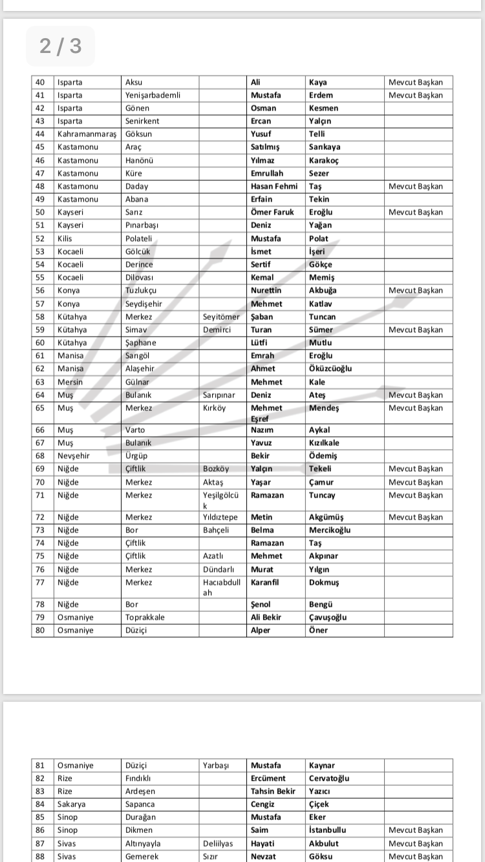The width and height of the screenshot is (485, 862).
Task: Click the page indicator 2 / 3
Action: [x=60, y=46]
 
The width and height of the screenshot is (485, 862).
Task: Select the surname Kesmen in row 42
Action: [x=323, y=108]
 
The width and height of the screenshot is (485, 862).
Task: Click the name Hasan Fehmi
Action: [x=274, y=186]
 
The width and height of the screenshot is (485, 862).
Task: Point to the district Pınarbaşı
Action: [x=142, y=225]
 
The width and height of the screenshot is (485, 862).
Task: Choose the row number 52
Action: [x=40, y=238]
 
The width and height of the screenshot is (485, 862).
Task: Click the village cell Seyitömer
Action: [x=221, y=317]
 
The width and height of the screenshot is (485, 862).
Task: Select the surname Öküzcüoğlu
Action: [x=330, y=368]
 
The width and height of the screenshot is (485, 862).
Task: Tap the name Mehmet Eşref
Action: [x=266, y=413]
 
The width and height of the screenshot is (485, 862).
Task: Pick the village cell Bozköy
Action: [x=216, y=468]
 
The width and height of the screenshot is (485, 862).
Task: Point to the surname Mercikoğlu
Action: [x=330, y=530]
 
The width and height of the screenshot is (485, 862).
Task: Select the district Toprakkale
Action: [x=145, y=617]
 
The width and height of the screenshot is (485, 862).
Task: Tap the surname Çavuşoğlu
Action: [x=328, y=617]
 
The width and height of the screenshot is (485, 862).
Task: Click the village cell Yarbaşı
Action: [x=216, y=765]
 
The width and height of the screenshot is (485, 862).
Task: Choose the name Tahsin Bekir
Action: [x=273, y=791]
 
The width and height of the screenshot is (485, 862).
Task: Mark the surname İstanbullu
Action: [x=327, y=830]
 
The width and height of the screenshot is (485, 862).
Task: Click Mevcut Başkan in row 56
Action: [x=416, y=290]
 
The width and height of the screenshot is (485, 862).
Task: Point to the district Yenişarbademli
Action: [x=153, y=95]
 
